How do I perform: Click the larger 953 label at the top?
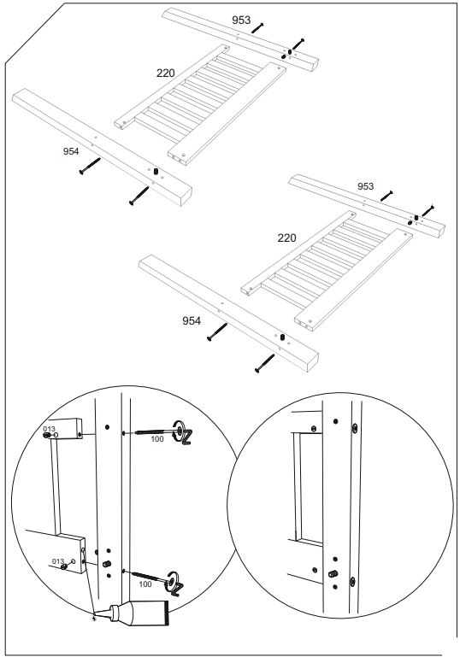(x=241, y=19)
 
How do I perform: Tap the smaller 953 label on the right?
(x=365, y=185)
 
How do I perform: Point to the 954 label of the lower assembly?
(x=192, y=320)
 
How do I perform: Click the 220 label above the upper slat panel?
(x=165, y=73)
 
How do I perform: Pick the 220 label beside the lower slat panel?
(x=286, y=238)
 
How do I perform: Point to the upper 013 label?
(x=50, y=427)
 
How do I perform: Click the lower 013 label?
(x=58, y=560)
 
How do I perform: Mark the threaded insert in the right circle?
(x=332, y=572)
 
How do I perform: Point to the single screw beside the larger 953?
(x=257, y=30)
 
